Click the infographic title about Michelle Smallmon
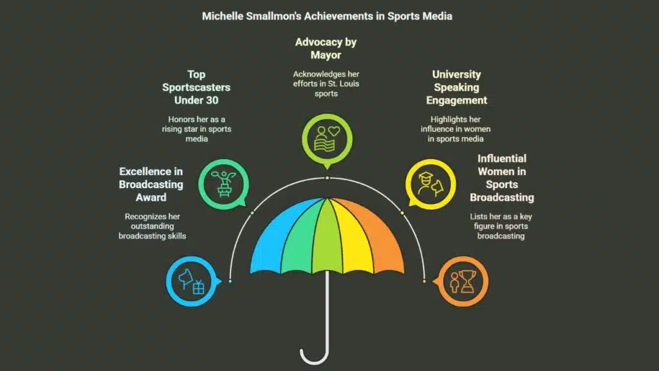click(327, 16)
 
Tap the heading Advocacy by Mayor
click(326, 48)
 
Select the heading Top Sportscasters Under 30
click(196, 88)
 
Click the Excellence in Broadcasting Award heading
click(151, 184)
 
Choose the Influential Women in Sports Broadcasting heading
click(501, 178)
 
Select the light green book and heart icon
click(326, 137)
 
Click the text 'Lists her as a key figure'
click(501, 225)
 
